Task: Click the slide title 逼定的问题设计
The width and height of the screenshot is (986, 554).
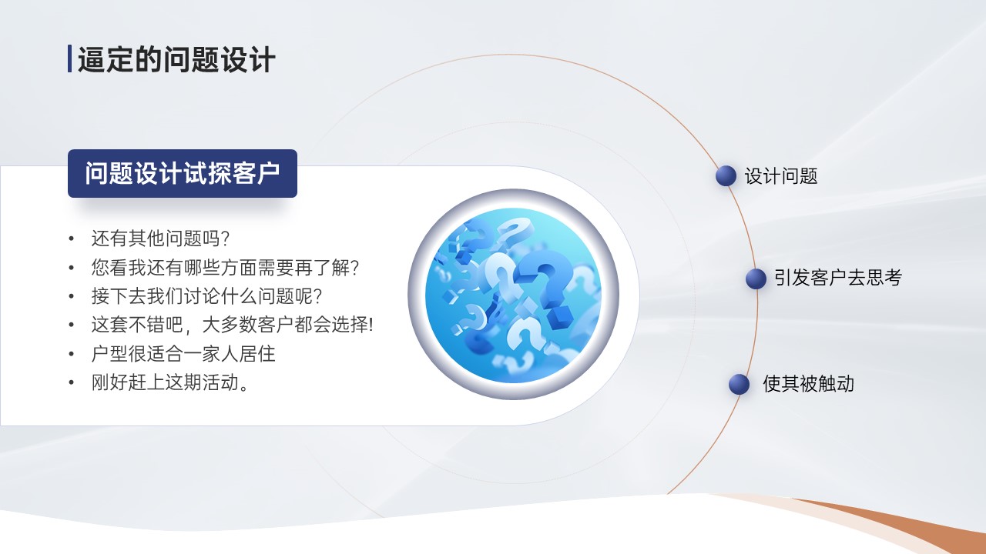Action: pyautogui.click(x=176, y=59)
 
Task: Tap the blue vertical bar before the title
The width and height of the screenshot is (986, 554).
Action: pyautogui.click(x=69, y=58)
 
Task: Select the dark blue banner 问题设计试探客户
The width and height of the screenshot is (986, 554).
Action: pyautogui.click(x=183, y=173)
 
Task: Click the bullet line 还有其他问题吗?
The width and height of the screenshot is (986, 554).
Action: pyautogui.click(x=160, y=239)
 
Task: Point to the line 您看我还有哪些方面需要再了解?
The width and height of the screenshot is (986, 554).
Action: pyautogui.click(x=225, y=267)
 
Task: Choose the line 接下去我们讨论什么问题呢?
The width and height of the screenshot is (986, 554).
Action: pyautogui.click(x=206, y=296)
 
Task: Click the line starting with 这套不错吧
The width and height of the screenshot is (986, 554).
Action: pyautogui.click(x=232, y=325)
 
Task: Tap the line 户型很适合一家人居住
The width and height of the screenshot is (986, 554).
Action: pyautogui.click(x=183, y=353)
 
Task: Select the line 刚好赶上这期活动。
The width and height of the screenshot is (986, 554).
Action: pyautogui.click(x=170, y=382)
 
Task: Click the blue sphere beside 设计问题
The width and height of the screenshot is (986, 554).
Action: pyautogui.click(x=726, y=176)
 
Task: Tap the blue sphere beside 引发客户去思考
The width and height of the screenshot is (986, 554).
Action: pyautogui.click(x=756, y=279)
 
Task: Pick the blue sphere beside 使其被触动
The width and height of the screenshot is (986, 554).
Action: pyautogui.click(x=739, y=384)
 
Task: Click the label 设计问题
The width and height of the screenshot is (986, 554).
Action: pyautogui.click(x=781, y=176)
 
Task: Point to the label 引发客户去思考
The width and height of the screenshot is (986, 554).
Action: pyautogui.click(x=838, y=278)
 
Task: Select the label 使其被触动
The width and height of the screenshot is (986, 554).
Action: pyautogui.click(x=808, y=383)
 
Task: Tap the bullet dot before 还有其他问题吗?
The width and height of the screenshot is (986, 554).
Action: pyautogui.click(x=72, y=239)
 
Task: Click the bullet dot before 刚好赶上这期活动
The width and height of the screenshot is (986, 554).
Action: pyautogui.click(x=72, y=382)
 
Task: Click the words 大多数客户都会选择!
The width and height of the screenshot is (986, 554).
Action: pyautogui.click(x=287, y=325)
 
